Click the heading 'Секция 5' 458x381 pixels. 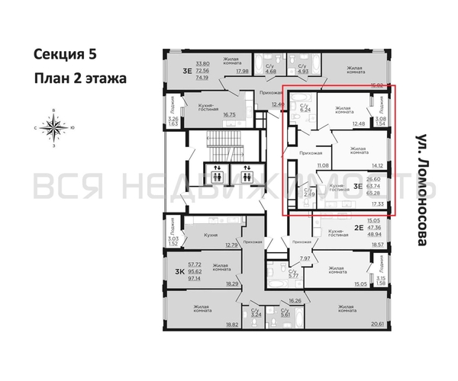click(66, 54)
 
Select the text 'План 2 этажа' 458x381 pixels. click(79, 78)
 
